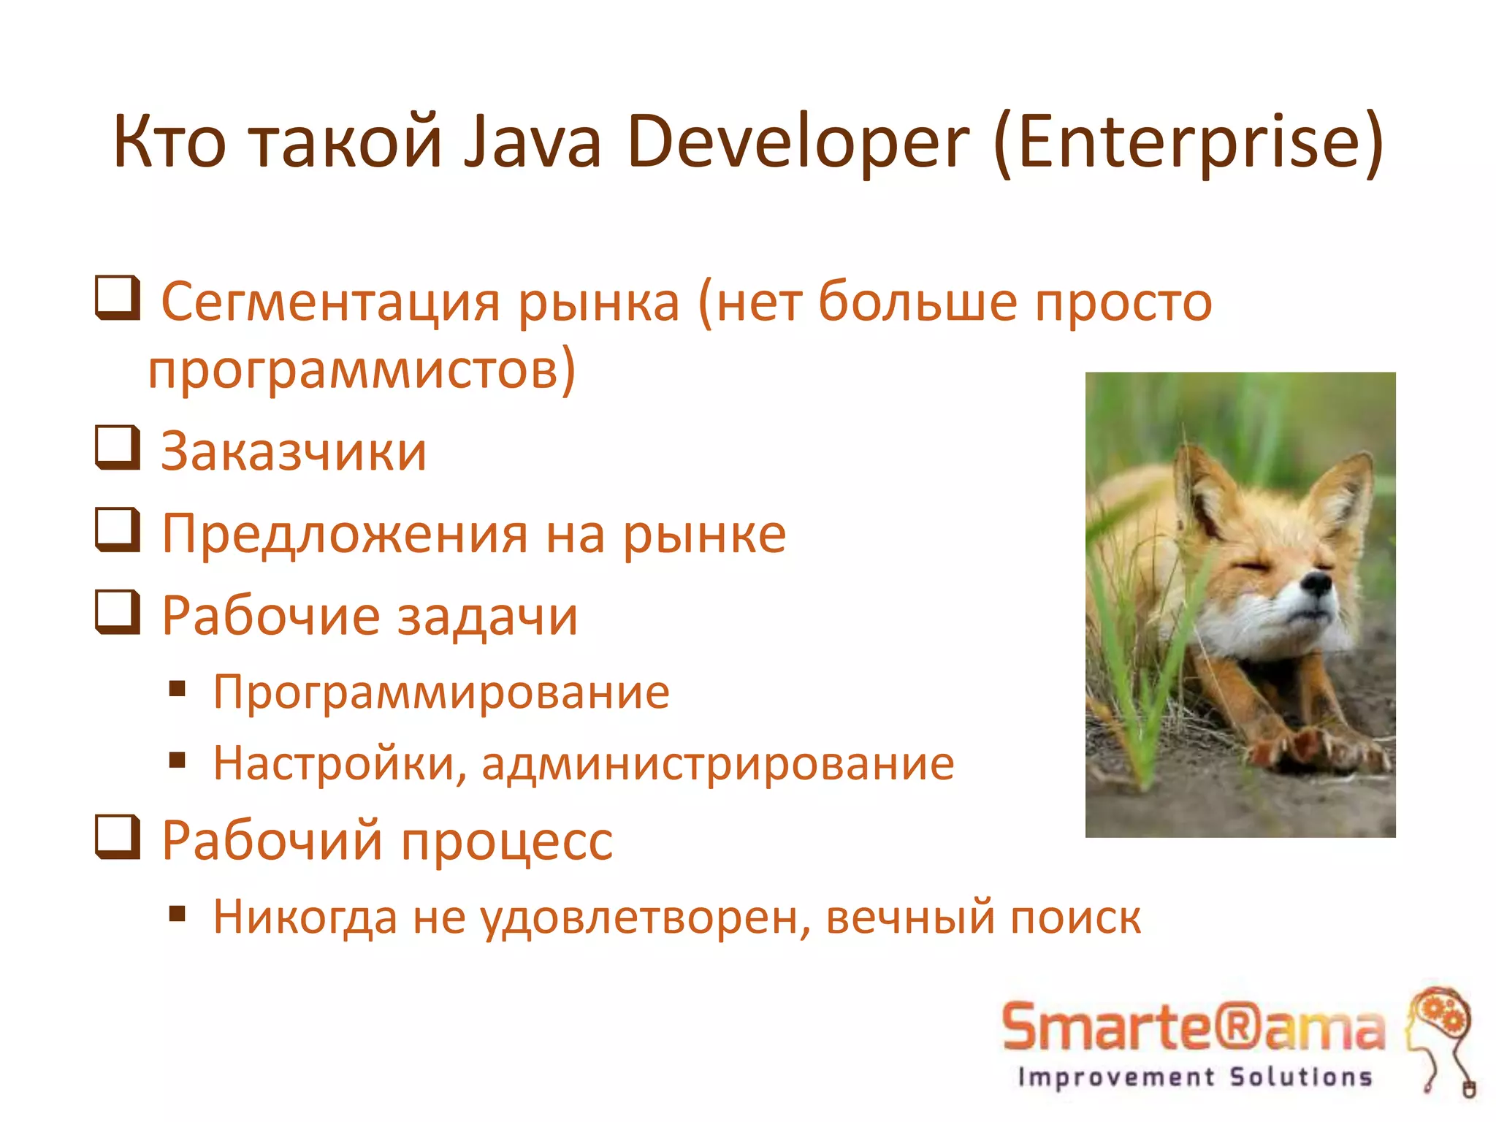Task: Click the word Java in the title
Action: pyautogui.click(x=533, y=142)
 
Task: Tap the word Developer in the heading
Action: pyautogui.click(x=797, y=142)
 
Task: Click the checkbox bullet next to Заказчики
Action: pyautogui.click(x=118, y=448)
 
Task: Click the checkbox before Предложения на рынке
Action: pyautogui.click(x=118, y=530)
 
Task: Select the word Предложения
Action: pyautogui.click(x=344, y=535)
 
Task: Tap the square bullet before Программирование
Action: pyautogui.click(x=178, y=689)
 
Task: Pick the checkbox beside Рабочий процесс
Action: pyautogui.click(x=118, y=837)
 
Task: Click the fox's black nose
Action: pyautogui.click(x=1317, y=583)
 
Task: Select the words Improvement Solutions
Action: pyautogui.click(x=1195, y=1077)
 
